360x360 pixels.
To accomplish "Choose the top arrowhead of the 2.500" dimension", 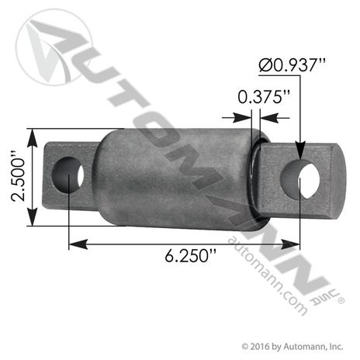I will click(31, 133).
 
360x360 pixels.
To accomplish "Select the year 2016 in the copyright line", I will click(262, 346).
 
